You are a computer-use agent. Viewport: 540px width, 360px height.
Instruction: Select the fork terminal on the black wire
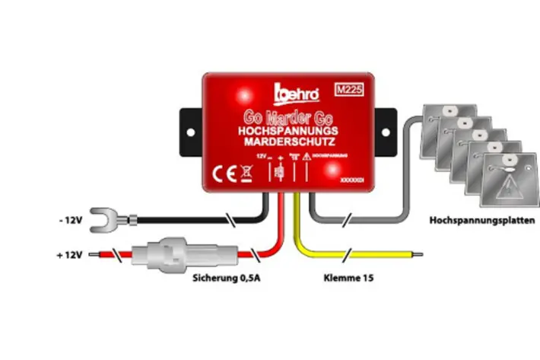click(104, 221)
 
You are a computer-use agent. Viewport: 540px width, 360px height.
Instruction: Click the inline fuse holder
click(169, 254)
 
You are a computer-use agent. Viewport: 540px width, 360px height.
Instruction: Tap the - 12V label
click(68, 221)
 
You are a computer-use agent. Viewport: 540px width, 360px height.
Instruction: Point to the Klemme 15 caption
click(348, 279)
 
